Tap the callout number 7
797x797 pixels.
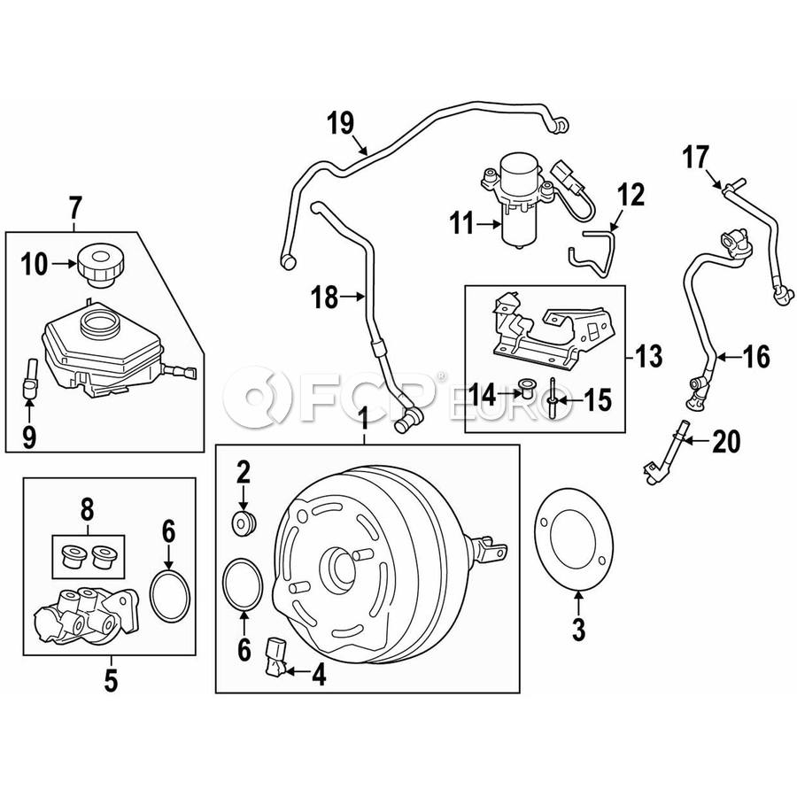coord(74,207)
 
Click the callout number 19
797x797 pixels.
coord(341,123)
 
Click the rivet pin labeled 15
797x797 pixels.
coord(553,393)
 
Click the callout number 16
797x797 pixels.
coord(756,357)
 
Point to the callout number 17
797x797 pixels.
coord(695,157)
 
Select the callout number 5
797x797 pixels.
coord(111,681)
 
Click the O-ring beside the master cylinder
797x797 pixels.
coord(170,596)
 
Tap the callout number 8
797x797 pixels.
coord(87,510)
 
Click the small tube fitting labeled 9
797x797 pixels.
coord(29,378)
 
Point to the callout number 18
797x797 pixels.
coord(325,297)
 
